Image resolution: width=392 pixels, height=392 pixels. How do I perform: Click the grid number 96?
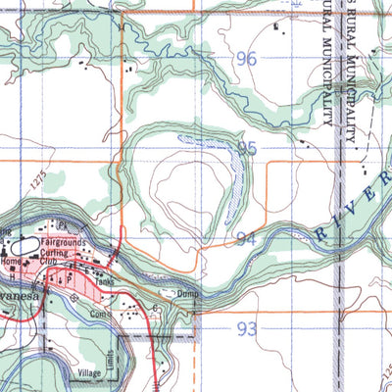tap(246, 60)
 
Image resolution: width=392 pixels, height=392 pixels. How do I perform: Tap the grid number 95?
tap(247, 149)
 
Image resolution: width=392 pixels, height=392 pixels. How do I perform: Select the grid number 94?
tap(247, 239)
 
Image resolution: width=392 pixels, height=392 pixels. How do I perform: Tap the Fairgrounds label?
tap(65, 241)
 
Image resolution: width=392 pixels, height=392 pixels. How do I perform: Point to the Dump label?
tap(187, 293)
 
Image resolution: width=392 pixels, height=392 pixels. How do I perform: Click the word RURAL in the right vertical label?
tap(352, 39)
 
